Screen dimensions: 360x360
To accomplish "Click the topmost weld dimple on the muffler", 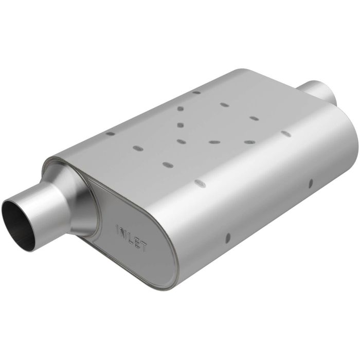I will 196,93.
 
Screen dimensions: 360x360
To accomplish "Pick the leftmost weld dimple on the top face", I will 110,134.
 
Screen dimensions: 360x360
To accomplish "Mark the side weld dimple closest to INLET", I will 227,238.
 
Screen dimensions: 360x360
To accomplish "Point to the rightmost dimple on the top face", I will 286,134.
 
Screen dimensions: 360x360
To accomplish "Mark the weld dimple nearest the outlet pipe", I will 286,134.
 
